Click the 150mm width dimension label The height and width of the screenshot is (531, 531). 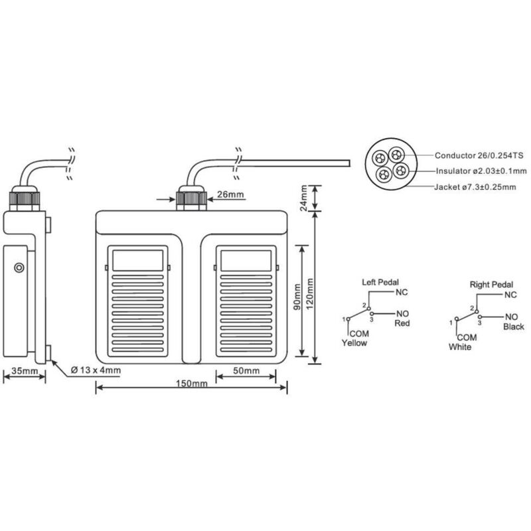(x=192, y=384)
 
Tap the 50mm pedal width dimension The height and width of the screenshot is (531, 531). (x=246, y=371)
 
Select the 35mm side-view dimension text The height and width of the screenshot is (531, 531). (x=25, y=371)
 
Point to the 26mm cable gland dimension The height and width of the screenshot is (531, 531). (x=230, y=194)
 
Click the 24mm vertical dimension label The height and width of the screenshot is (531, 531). (x=304, y=198)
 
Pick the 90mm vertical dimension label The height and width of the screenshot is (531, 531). (x=297, y=297)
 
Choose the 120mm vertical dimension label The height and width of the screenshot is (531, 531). (x=309, y=294)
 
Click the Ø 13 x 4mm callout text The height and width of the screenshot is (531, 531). (x=96, y=370)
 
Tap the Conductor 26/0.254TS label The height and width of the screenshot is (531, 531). (x=479, y=155)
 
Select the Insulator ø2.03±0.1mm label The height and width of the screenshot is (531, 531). (x=481, y=171)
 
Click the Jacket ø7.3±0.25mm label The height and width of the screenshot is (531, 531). (x=475, y=187)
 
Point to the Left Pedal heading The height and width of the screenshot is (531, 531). (x=380, y=282)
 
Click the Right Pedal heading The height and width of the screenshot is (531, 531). (x=491, y=285)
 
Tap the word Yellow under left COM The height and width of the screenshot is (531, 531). (x=354, y=343)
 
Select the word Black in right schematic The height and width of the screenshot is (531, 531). (x=514, y=327)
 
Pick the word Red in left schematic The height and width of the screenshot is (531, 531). (x=402, y=323)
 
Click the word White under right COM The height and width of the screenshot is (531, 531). (x=460, y=347)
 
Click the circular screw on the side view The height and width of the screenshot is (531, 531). (x=19, y=268)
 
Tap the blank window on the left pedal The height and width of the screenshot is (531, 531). (x=137, y=260)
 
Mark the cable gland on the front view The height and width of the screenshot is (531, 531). (x=191, y=198)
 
